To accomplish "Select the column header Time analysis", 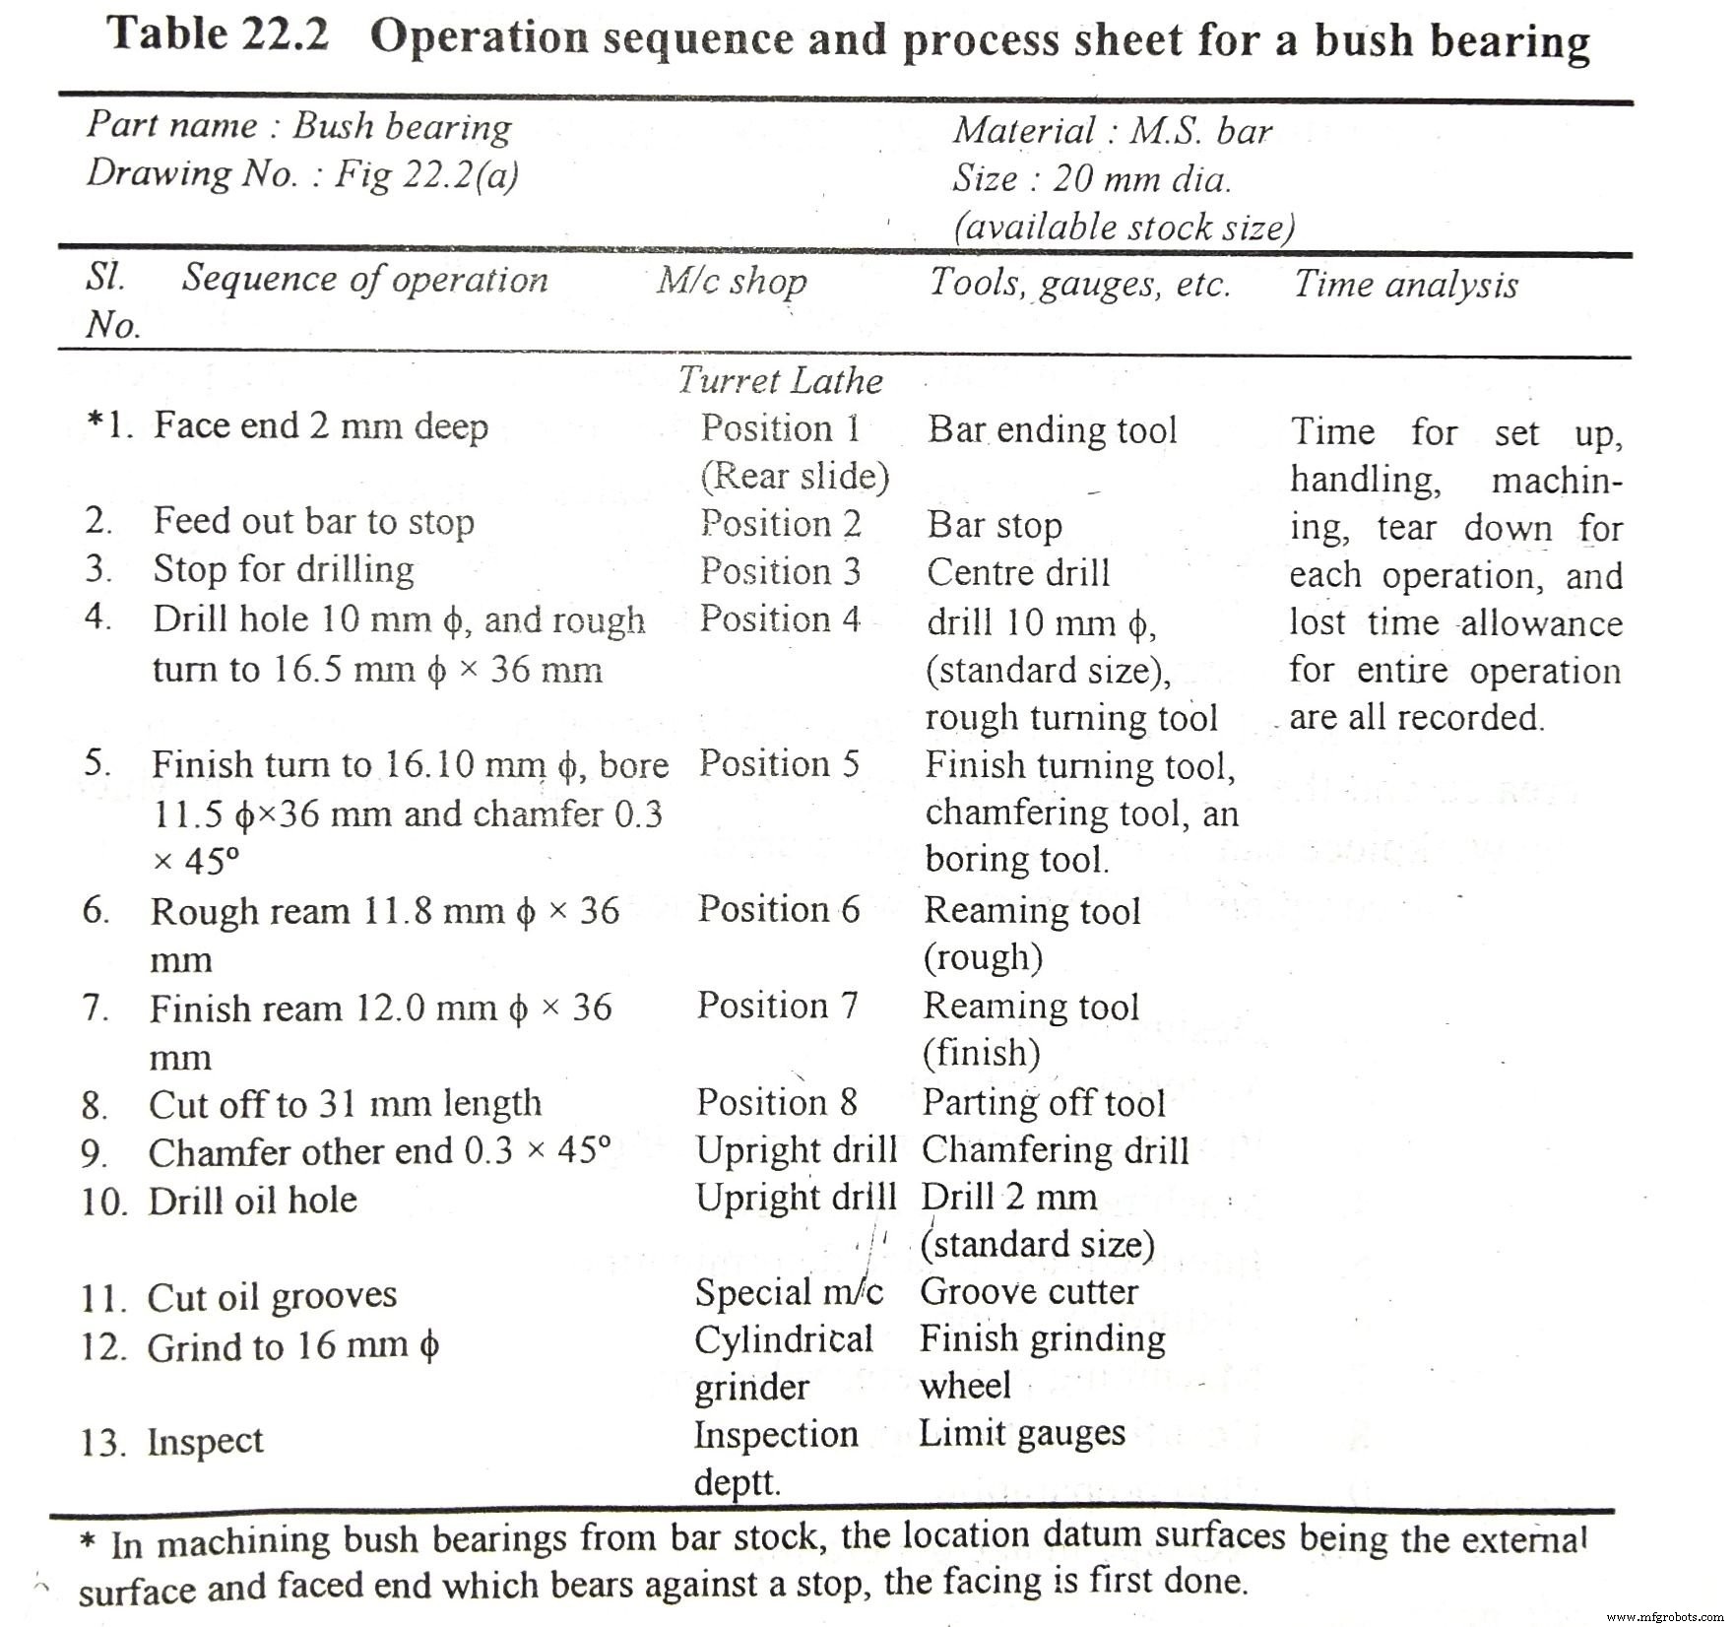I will point(1405,285).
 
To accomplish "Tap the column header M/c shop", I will point(732,282).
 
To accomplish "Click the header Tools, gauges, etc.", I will point(1080,284).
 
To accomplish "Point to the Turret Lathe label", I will point(780,380).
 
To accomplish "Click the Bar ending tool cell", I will point(1052,429).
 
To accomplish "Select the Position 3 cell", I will point(780,571).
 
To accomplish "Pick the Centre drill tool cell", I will point(1018,572).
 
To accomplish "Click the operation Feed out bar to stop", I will point(313,521).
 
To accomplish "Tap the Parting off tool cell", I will point(1044,1103).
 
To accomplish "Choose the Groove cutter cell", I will point(1029,1291).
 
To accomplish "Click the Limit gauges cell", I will point(1022,1433).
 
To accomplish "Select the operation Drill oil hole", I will point(252,1201).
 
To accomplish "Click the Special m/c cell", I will point(789,1292).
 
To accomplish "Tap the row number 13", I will point(102,1444).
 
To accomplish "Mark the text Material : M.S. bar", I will point(1112,131).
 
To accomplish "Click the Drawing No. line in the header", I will point(301,174).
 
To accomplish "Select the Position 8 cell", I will point(777,1103).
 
